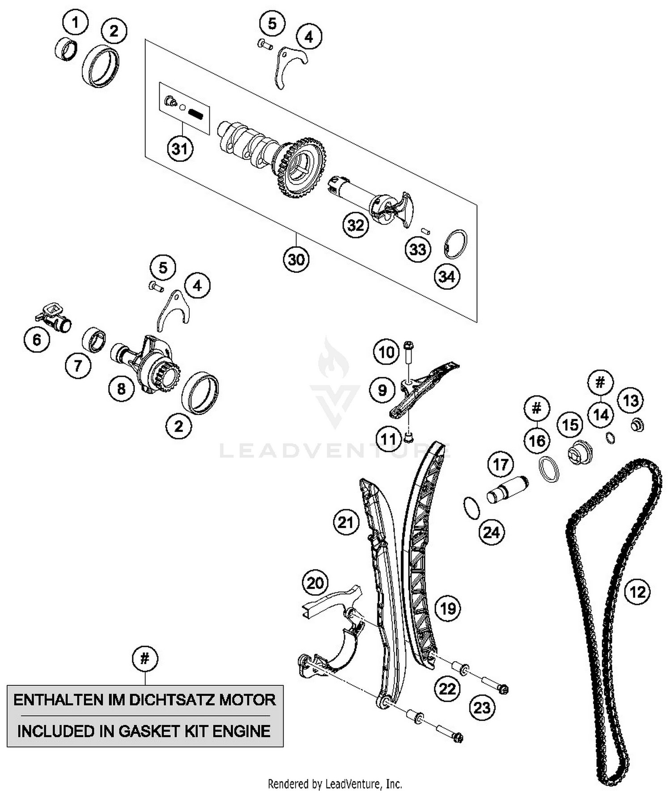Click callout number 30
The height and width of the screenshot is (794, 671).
tap(296, 259)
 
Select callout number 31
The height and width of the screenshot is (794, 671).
tap(180, 148)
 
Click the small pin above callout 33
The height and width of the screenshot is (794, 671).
tap(426, 231)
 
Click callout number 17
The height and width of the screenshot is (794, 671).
tap(501, 464)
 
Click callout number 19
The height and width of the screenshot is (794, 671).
tap(448, 608)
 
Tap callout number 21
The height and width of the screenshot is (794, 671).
tap(345, 522)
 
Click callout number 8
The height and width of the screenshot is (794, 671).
tap(121, 388)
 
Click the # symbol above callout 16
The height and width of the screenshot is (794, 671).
tap(536, 408)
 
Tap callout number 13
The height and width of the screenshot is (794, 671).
tap(631, 400)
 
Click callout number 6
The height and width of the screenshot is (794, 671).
tap(37, 340)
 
